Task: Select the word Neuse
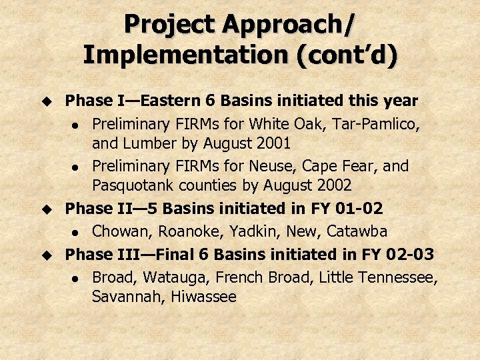point(299,165)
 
